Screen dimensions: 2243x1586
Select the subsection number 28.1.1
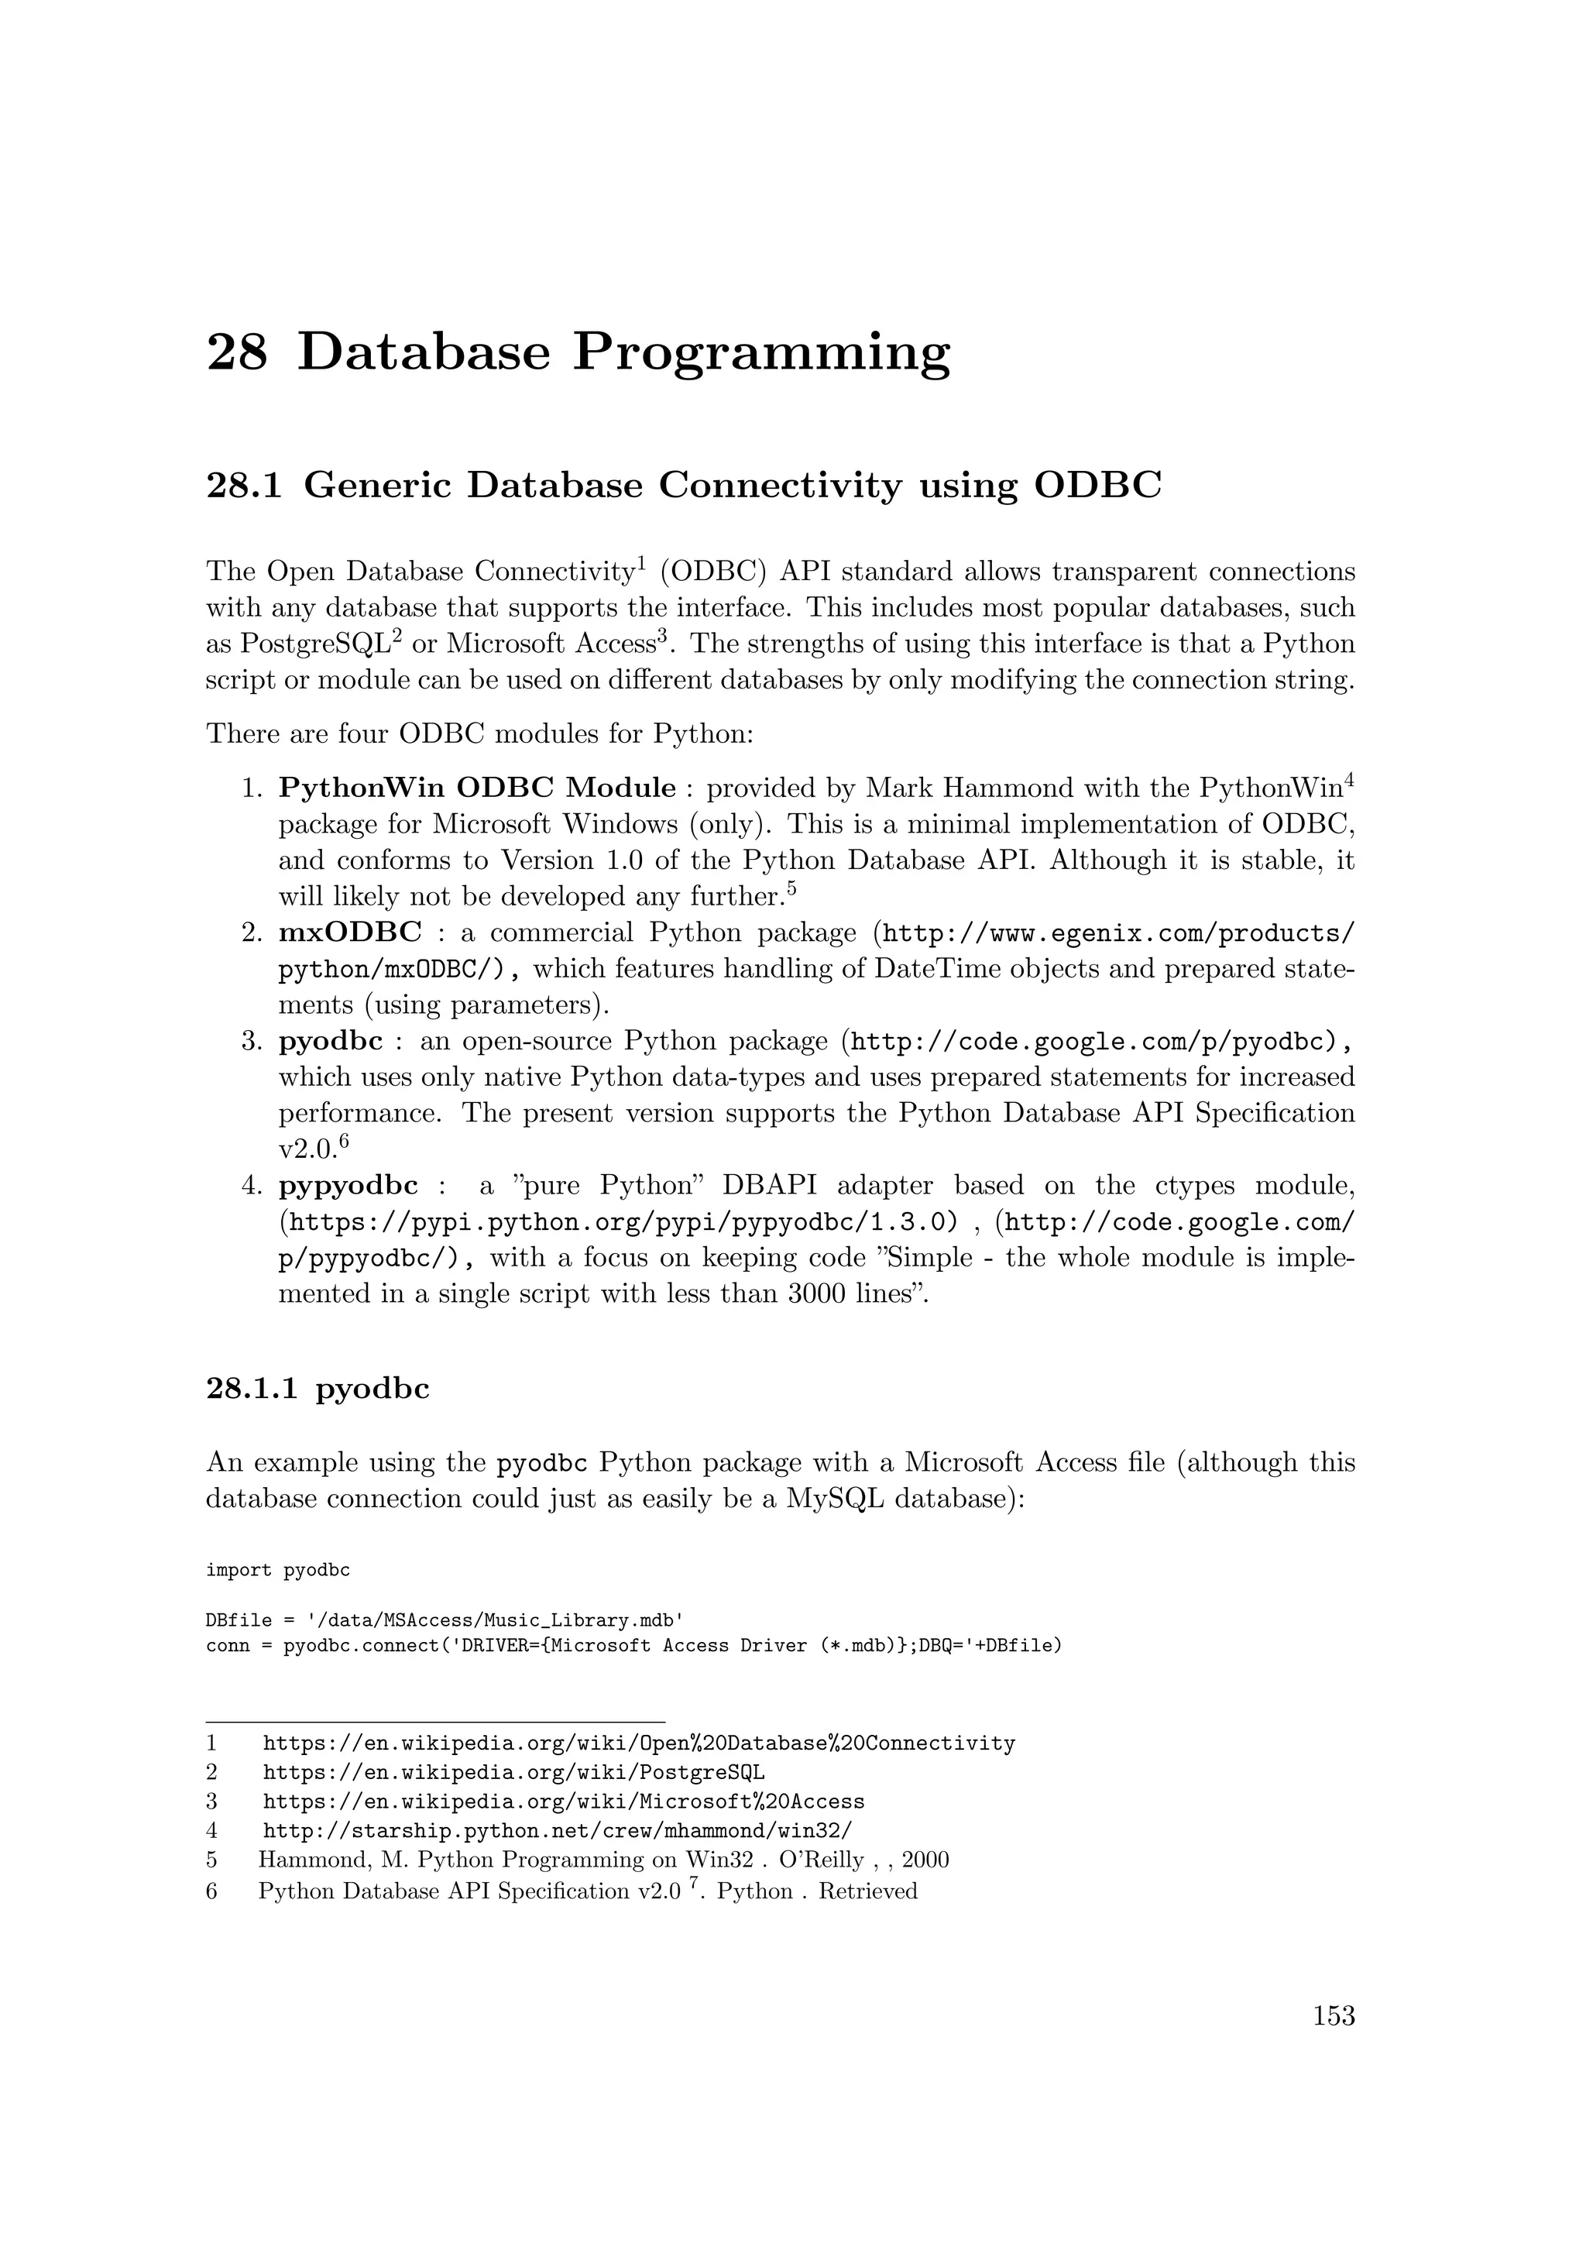pyautogui.click(x=252, y=1388)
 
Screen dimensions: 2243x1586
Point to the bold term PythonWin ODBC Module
pyautogui.click(x=476, y=788)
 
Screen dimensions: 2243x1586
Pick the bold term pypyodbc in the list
pyautogui.click(x=348, y=1186)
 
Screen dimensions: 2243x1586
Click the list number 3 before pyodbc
pyautogui.click(x=250, y=1042)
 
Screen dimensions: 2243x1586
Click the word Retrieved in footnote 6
pyautogui.click(x=867, y=1891)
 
